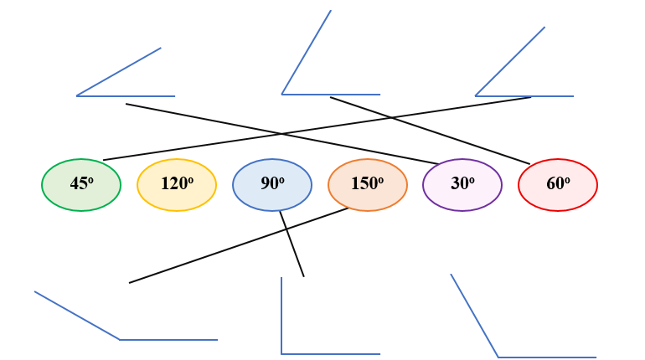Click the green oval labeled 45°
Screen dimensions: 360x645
point(81,184)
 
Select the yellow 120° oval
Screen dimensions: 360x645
point(177,184)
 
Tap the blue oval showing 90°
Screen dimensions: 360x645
point(272,184)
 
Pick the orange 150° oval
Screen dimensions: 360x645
point(368,184)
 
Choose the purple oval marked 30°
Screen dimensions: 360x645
point(462,184)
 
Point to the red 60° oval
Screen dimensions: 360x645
point(558,184)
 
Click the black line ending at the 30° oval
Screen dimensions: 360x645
point(281,134)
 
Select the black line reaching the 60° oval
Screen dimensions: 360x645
point(430,130)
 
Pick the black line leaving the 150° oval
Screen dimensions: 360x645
point(239,245)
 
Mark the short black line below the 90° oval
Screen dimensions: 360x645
point(292,244)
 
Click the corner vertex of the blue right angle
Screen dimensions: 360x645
point(281,353)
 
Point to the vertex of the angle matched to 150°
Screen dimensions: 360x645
point(120,339)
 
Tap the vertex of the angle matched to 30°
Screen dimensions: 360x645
point(77,95)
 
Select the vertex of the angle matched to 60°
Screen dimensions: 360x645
point(282,94)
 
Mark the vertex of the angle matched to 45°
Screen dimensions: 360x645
point(476,95)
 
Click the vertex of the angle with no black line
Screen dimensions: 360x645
point(498,357)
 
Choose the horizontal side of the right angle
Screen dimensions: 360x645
point(331,353)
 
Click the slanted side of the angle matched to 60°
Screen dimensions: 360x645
point(307,52)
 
